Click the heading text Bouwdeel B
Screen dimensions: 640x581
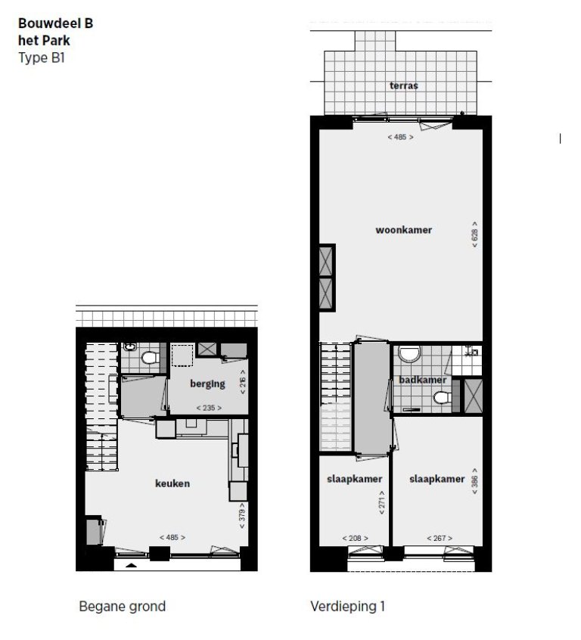click(56, 23)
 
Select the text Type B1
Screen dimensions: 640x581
click(42, 57)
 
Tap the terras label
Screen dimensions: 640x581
click(403, 85)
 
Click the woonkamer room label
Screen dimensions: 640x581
click(403, 229)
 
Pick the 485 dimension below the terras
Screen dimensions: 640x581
click(400, 138)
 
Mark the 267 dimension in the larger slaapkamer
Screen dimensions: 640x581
click(438, 539)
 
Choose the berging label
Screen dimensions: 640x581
click(207, 384)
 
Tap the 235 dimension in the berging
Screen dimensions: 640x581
click(207, 408)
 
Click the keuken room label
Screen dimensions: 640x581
click(173, 483)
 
